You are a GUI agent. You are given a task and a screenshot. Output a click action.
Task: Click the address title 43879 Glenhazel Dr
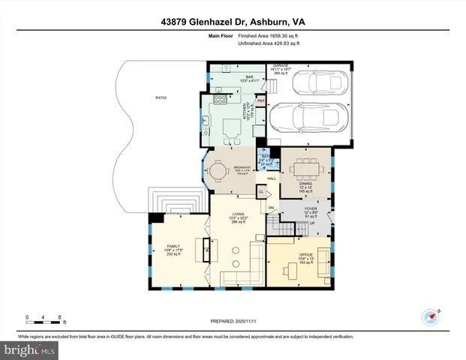tap(232, 22)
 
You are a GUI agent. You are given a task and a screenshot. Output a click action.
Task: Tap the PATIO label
tap(161, 98)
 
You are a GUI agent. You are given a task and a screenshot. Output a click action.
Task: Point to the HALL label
tap(272, 178)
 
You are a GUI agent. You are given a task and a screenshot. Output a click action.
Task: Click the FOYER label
tap(310, 199)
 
